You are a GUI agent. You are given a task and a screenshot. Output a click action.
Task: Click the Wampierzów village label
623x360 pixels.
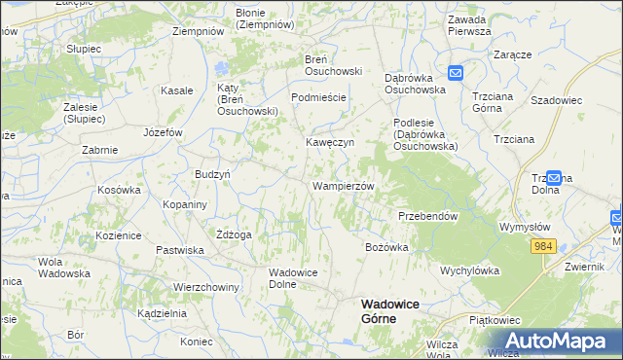tap(343, 185)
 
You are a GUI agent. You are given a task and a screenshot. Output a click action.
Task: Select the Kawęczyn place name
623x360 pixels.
tap(331, 142)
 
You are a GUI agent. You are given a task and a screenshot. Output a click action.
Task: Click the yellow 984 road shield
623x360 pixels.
tap(543, 247)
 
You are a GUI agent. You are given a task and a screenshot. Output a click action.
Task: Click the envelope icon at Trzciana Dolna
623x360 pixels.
tap(555, 178)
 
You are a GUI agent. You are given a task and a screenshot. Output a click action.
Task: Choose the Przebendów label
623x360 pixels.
tap(427, 216)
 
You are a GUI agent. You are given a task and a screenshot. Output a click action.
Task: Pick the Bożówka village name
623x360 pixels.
tap(386, 247)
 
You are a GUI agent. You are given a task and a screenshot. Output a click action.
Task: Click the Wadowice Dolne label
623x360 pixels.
tap(295, 278)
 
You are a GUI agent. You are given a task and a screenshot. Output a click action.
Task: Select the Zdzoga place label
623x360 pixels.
tap(235, 234)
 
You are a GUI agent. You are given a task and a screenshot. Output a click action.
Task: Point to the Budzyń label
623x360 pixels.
tap(212, 173)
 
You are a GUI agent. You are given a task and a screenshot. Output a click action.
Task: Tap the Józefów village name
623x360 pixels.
tap(163, 131)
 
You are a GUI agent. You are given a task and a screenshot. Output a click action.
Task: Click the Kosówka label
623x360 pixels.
tap(120, 190)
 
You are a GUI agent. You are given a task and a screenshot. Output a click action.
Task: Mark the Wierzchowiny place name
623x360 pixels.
tap(206, 287)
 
